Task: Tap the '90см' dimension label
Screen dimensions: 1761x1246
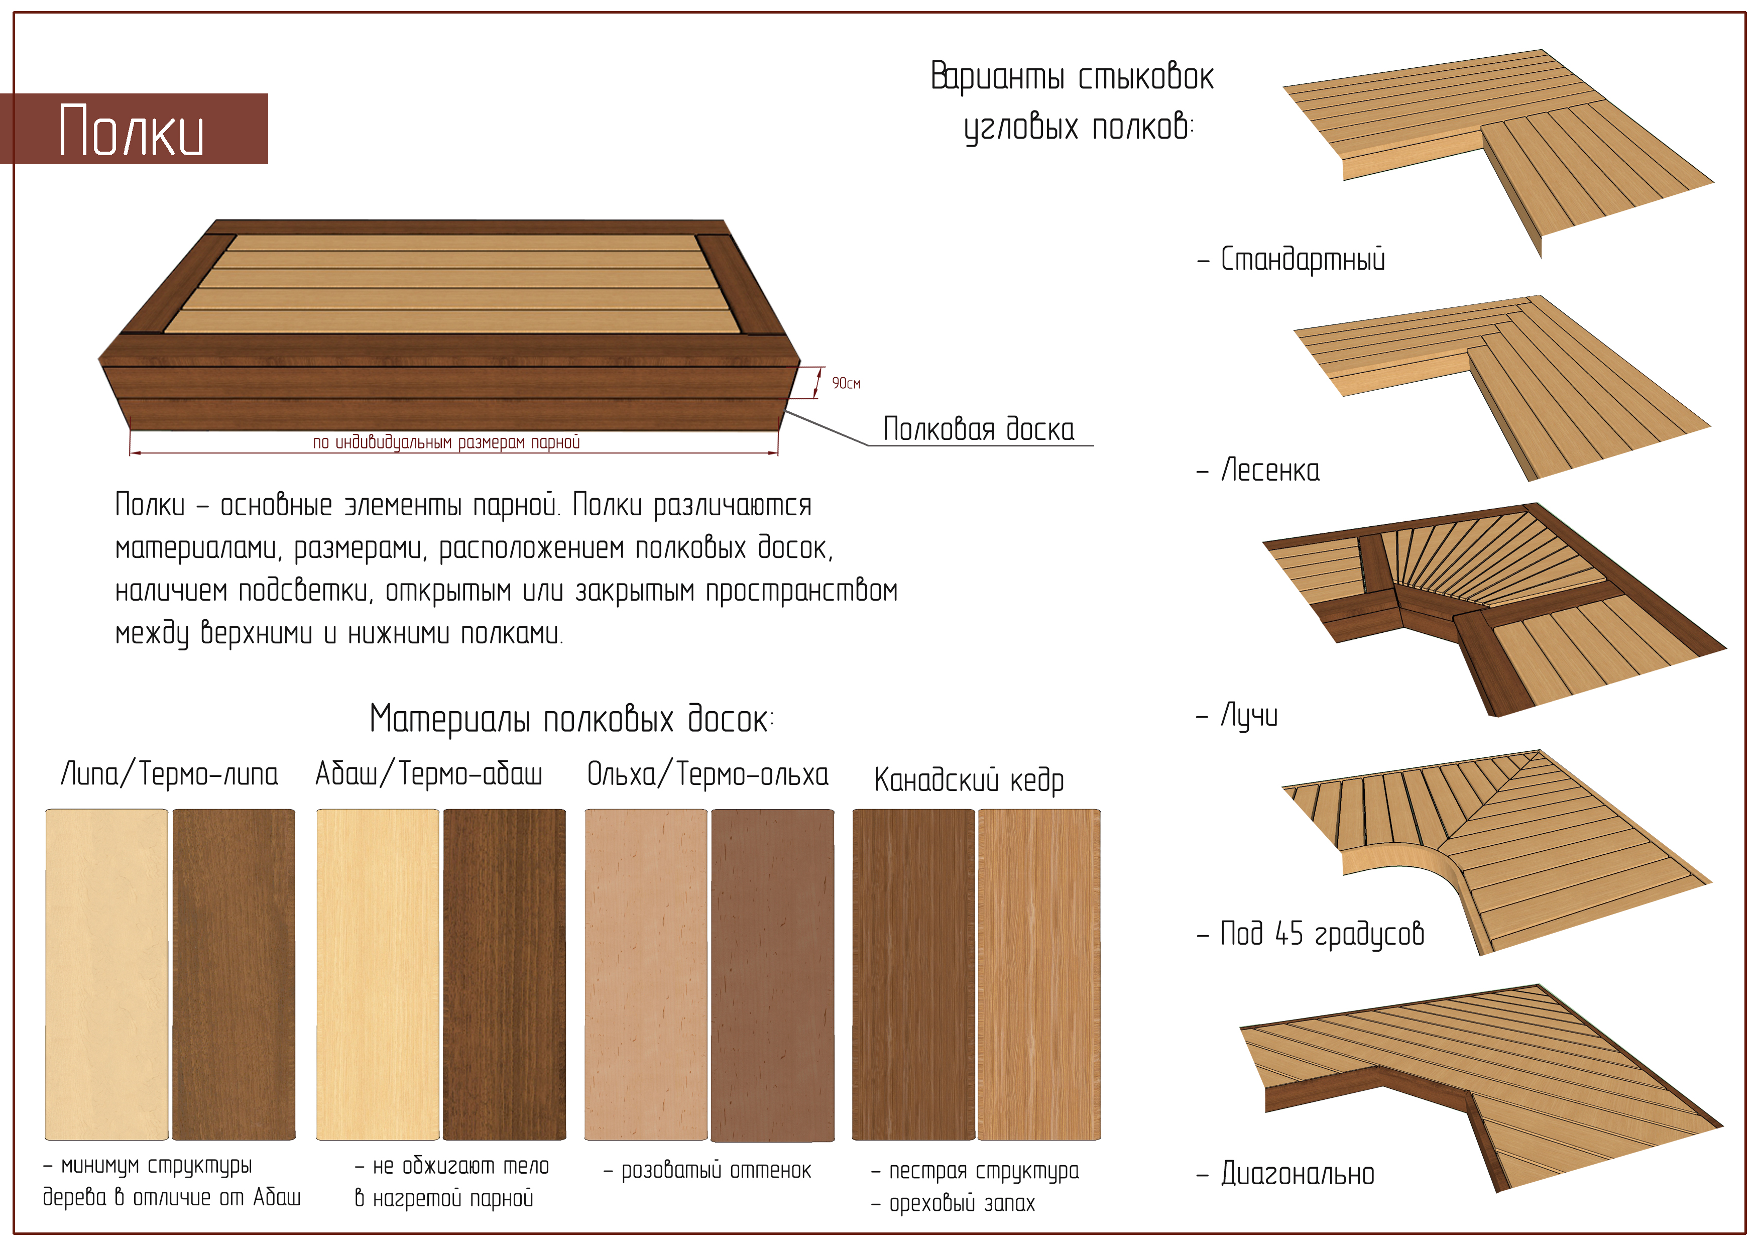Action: tap(846, 383)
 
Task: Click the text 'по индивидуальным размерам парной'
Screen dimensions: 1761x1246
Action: tap(446, 442)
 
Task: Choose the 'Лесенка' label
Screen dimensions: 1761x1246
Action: tap(1270, 470)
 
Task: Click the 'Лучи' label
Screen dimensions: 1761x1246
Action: tap(1249, 716)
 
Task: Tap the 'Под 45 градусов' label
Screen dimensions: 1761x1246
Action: tap(1322, 934)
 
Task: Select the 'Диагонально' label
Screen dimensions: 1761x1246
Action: tap(1298, 1174)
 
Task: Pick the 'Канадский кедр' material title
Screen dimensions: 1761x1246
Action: tap(969, 780)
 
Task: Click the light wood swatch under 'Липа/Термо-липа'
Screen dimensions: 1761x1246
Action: tap(106, 974)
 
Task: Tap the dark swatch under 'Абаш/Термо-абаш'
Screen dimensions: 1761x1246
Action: tap(505, 974)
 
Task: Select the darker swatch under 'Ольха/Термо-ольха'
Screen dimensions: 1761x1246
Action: tap(772, 974)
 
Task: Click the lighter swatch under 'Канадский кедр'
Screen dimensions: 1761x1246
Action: tap(1039, 974)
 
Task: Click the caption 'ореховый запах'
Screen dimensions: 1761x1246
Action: tap(962, 1203)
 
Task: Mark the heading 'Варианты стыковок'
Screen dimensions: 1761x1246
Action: tap(1072, 77)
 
